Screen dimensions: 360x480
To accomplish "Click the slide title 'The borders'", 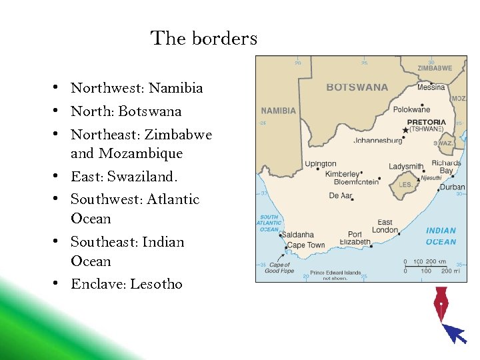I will point(203,39).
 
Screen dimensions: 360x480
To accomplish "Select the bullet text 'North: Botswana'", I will point(126,111).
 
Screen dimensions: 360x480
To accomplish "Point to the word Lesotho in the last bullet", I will point(156,284).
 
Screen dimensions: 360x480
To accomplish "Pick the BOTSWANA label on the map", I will point(357,87).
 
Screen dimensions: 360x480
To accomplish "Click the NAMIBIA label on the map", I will point(279,111).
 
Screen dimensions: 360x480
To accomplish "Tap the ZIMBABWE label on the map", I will point(434,68).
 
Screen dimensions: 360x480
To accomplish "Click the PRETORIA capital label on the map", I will point(427,123).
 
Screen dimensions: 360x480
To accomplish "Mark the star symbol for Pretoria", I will point(405,130).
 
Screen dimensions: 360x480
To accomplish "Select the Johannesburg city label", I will point(377,141).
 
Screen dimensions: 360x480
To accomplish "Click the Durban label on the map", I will point(452,187).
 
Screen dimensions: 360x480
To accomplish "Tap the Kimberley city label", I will point(342,174).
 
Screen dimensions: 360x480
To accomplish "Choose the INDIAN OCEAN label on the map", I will point(441,236).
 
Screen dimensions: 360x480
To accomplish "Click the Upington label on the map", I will point(320,164).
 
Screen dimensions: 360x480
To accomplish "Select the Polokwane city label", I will point(411,109).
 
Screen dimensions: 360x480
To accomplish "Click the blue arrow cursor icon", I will point(455,332).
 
